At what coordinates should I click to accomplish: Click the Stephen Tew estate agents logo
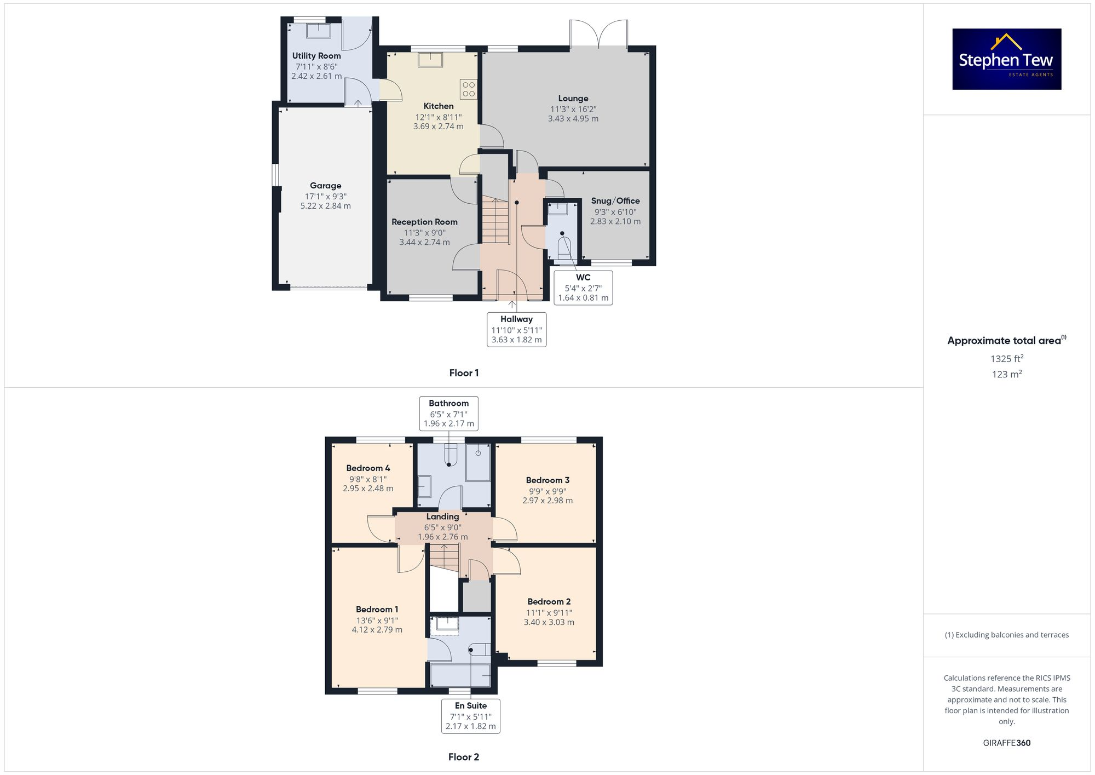click(x=1006, y=59)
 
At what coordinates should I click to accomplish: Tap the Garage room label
click(x=325, y=186)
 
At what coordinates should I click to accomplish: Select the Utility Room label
click(x=316, y=56)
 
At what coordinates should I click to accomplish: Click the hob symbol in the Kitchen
click(x=468, y=89)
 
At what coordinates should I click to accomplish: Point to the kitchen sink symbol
click(x=430, y=59)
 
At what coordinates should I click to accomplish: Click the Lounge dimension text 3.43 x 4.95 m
click(x=573, y=119)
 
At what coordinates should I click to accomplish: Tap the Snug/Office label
click(x=615, y=201)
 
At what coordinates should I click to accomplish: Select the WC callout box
click(x=583, y=288)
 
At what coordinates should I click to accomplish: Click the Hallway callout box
click(x=516, y=329)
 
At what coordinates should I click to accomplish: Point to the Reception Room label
click(x=424, y=222)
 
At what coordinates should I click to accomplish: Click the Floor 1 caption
click(x=464, y=373)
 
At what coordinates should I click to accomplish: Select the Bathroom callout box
click(x=448, y=414)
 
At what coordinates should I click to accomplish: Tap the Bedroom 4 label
click(x=368, y=468)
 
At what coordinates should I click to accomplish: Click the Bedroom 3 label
click(x=547, y=480)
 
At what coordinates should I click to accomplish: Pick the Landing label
click(x=442, y=516)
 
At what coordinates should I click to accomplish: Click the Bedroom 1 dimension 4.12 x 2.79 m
click(x=377, y=630)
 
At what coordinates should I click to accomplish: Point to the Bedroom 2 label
click(x=549, y=601)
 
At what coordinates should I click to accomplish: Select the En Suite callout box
click(x=471, y=716)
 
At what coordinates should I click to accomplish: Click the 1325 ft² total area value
click(x=1006, y=359)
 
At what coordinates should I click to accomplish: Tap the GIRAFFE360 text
click(x=1006, y=743)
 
